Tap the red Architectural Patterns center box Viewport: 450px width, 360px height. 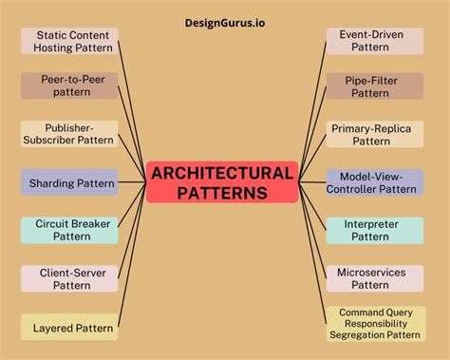pyautogui.click(x=222, y=182)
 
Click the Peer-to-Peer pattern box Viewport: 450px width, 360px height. pyautogui.click(x=69, y=85)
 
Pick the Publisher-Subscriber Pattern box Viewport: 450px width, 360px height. pyautogui.click(x=69, y=134)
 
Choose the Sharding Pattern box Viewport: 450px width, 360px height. pyautogui.click(x=69, y=182)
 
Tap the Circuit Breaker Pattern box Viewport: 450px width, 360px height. pyautogui.click(x=69, y=230)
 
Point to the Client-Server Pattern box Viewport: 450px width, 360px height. pyautogui.click(x=69, y=278)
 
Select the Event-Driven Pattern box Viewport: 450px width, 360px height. pyautogui.click(x=375, y=41)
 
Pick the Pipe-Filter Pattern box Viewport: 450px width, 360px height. pyautogui.click(x=375, y=85)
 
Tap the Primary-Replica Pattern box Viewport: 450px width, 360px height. pyautogui.click(x=375, y=134)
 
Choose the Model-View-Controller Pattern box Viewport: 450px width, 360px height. pyautogui.click(x=375, y=182)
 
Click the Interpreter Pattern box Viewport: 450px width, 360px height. pyautogui.click(x=375, y=230)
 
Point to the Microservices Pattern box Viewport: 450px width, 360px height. pyautogui.click(x=375, y=278)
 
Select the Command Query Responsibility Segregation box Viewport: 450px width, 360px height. pyautogui.click(x=375, y=323)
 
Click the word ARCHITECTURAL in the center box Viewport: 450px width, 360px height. pyautogui.click(x=222, y=173)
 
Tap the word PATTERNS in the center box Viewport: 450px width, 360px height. pyautogui.click(x=222, y=193)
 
